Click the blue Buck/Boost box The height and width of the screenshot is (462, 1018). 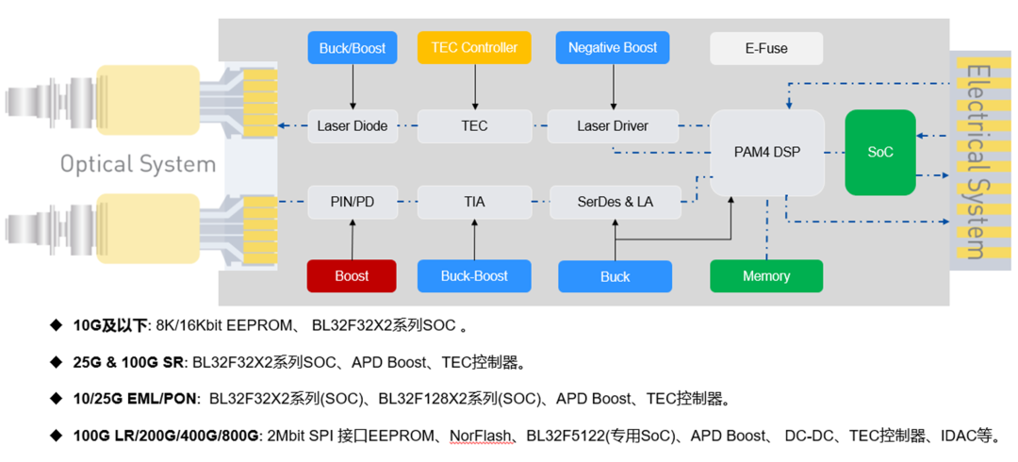353,48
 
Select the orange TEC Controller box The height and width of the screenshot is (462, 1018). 474,48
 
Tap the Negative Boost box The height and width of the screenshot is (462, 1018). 613,48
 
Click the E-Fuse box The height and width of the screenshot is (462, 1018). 765,48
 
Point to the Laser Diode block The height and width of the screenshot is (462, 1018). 353,126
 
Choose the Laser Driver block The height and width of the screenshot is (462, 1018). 613,126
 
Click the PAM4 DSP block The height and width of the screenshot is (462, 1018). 766,152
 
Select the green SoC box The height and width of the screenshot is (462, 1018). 879,152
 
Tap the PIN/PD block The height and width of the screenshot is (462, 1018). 353,202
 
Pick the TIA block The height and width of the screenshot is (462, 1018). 474,202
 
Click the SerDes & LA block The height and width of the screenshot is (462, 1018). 615,202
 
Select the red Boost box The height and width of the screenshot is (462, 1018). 352,276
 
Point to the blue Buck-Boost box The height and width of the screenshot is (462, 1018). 474,276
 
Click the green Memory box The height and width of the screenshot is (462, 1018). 765,276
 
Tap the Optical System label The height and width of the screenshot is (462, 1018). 138,164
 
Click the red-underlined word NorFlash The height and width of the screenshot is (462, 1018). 482,436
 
